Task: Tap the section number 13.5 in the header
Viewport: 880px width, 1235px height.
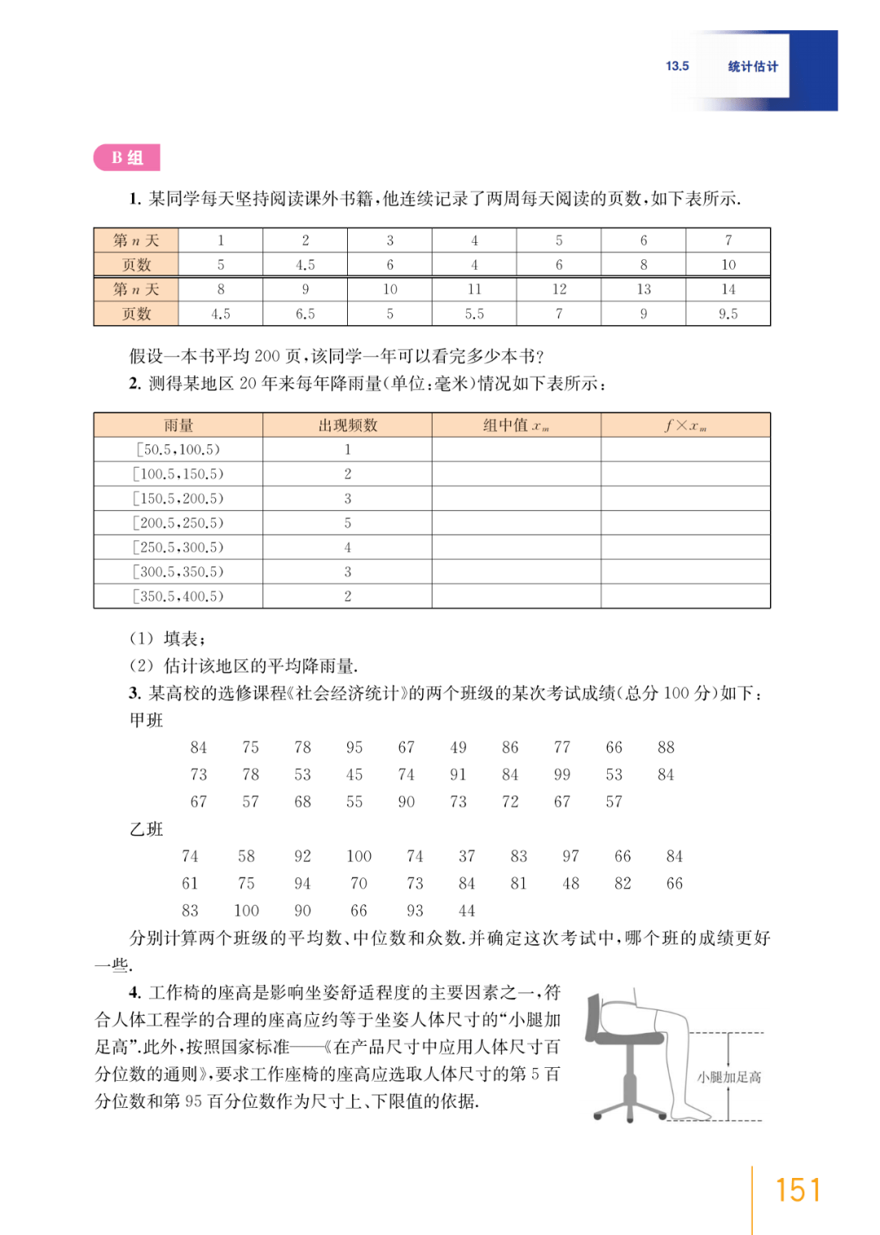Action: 677,66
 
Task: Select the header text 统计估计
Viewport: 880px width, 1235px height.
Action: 753,66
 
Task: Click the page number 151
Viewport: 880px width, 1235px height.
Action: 797,1190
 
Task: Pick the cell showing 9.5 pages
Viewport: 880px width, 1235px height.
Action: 728,314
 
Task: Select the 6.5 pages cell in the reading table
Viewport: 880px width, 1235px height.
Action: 305,314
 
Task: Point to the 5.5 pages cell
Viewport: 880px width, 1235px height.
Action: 474,314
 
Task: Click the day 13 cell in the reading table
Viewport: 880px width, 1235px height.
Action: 644,289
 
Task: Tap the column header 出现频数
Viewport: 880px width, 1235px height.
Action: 347,425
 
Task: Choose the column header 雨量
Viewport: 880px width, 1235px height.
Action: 178,425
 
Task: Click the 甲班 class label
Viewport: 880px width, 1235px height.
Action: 147,720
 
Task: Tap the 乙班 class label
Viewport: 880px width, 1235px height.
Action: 147,829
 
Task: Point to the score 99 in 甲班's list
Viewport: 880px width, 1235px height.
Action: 561,774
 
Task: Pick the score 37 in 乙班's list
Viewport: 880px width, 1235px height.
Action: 466,856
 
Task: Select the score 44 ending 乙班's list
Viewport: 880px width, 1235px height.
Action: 466,911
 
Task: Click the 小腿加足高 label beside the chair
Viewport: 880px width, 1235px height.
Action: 729,1077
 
